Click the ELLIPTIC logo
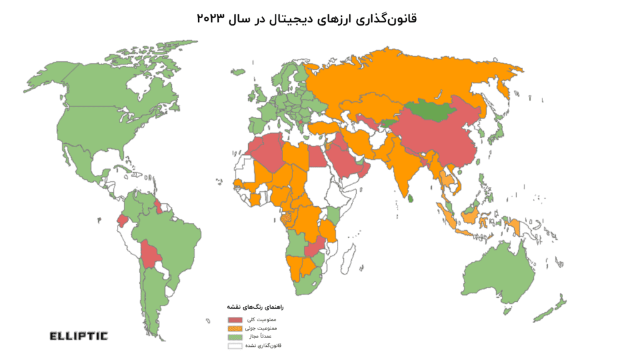pyautogui.click(x=78, y=336)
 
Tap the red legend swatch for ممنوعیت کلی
pyautogui.click(x=235, y=320)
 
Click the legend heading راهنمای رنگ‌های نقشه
pyautogui.click(x=259, y=308)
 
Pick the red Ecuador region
pyautogui.click(x=122, y=221)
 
